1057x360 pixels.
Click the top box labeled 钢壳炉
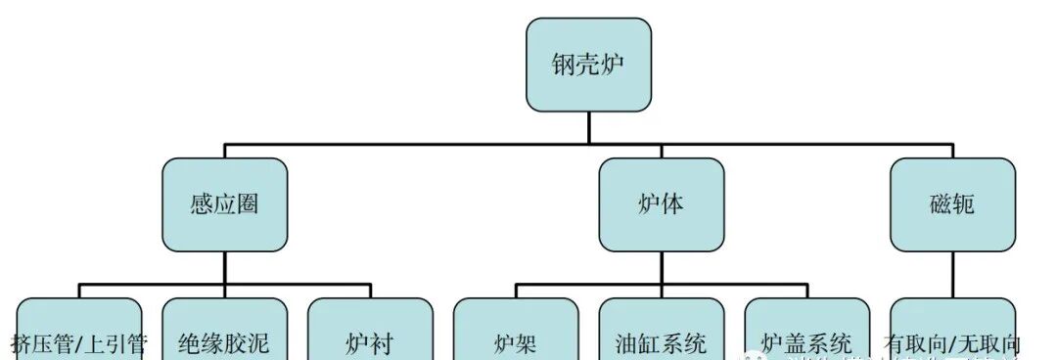point(588,65)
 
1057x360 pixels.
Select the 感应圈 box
point(225,204)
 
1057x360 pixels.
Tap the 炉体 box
point(662,204)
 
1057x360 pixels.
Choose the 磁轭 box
point(952,204)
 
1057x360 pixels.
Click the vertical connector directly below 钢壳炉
point(588,127)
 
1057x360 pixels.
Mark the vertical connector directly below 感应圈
point(225,267)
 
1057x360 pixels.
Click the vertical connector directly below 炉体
point(662,267)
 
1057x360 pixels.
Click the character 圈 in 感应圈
point(249,205)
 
